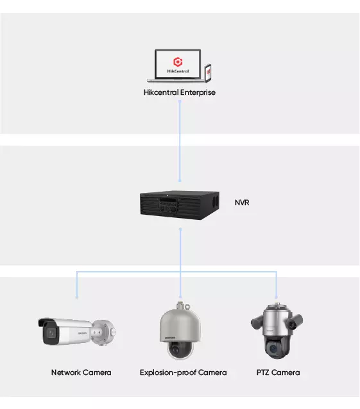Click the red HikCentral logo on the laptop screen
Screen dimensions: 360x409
tap(178, 62)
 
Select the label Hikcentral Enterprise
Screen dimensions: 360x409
tap(180, 92)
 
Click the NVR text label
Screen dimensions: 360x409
tap(242, 203)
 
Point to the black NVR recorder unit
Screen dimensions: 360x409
tap(180, 205)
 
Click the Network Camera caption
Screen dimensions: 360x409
tap(81, 372)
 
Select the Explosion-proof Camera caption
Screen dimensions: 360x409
tap(184, 372)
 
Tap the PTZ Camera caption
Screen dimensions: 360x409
tap(278, 372)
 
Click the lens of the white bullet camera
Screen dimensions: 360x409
tap(51, 333)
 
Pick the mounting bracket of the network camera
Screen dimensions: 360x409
tap(104, 333)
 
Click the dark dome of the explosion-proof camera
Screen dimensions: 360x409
tap(181, 349)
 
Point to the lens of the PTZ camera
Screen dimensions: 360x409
tap(273, 349)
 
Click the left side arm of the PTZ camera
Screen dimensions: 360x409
tap(257, 322)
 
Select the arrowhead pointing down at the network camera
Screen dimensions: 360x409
tap(77, 297)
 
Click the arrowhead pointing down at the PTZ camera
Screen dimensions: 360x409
tap(276, 297)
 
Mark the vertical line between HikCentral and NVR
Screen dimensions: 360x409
tap(180, 141)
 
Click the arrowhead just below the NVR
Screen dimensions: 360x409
tap(180, 230)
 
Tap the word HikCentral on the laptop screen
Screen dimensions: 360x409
tap(178, 71)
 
